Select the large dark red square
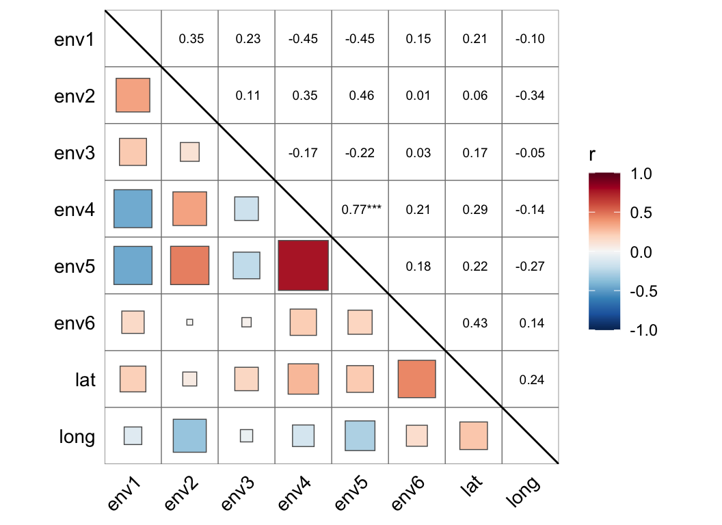tap(304, 265)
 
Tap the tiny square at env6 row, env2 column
tap(190, 322)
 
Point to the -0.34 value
tap(531, 96)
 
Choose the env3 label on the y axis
tap(75, 152)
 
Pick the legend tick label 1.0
tap(641, 174)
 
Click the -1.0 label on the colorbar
tap(641, 330)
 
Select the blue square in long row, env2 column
tap(190, 435)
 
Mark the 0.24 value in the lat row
tap(531, 379)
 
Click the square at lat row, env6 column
tap(417, 379)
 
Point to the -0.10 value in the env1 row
tap(531, 39)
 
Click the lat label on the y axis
tap(85, 379)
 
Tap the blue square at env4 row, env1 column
tap(133, 208)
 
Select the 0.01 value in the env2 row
tap(417, 96)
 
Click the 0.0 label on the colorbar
tap(641, 252)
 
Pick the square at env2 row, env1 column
tap(133, 95)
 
